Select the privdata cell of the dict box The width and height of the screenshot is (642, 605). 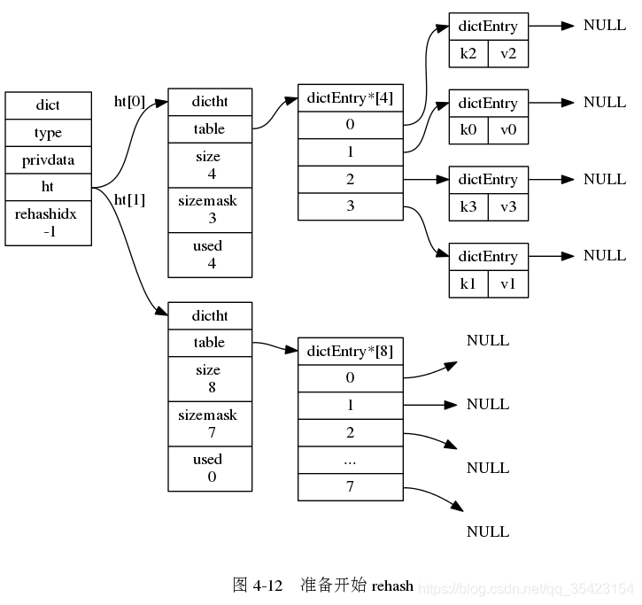tap(48, 160)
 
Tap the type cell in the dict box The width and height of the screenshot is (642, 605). tap(48, 133)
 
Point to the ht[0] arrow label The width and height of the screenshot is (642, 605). tap(129, 101)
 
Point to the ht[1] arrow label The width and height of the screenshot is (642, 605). tap(129, 199)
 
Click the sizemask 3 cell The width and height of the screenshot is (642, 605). tap(210, 209)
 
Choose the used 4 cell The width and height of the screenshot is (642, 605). tap(210, 254)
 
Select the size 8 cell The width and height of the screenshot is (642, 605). tap(210, 378)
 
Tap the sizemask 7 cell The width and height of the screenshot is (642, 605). tap(210, 423)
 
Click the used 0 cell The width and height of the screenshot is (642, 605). tap(210, 468)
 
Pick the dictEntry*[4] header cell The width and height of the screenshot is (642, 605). tap(350, 97)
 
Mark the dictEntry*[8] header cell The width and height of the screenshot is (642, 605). tap(350, 351)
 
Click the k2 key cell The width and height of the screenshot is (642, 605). tap(468, 53)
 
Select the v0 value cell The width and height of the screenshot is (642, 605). tap(507, 130)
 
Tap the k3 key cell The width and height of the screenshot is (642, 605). tap(468, 206)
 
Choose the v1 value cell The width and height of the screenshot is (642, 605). tap(507, 283)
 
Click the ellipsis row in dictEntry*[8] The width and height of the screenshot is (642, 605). tap(350, 461)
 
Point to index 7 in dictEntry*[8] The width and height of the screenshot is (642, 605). tap(350, 487)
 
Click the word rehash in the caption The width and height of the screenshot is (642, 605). tap(392, 586)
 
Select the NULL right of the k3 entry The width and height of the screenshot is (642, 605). tap(605, 179)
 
